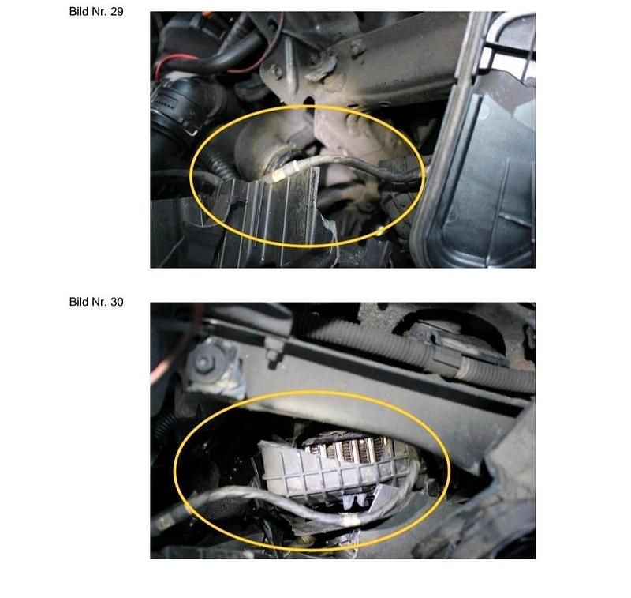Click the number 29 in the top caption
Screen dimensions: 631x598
point(117,12)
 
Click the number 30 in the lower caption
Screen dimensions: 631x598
point(117,302)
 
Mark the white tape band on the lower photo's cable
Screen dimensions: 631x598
point(351,521)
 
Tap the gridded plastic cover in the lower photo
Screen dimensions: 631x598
point(334,472)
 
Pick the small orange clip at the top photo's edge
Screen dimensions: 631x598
point(206,14)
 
